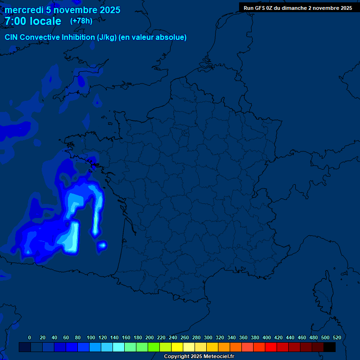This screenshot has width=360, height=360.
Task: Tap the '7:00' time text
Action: [16, 21]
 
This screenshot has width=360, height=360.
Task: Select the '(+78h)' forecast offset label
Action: [81, 21]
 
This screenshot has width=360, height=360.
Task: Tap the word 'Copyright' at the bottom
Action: [176, 357]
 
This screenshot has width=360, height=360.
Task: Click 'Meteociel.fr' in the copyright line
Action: [219, 357]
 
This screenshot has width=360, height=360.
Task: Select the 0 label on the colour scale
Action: [30, 337]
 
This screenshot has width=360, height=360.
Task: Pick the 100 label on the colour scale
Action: [91, 337]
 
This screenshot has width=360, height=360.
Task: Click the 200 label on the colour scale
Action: [150, 337]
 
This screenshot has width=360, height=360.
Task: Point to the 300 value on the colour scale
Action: [208, 337]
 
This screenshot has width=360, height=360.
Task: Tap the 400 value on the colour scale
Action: [267, 337]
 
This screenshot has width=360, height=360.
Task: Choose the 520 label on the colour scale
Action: [337, 337]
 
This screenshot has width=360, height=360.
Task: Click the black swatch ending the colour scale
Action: [330, 347]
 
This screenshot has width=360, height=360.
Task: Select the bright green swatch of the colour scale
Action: [154, 347]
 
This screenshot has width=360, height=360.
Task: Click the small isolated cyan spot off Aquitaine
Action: [102, 245]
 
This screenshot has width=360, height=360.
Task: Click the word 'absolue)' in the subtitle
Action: [172, 37]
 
